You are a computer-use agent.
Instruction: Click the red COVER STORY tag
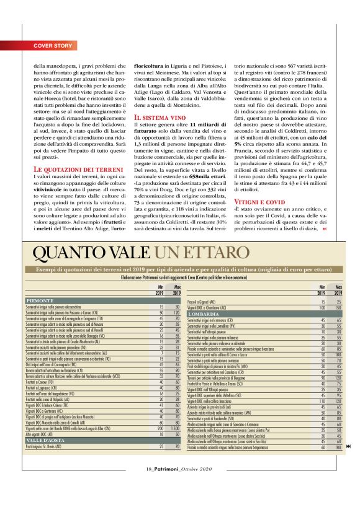[53, 46]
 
